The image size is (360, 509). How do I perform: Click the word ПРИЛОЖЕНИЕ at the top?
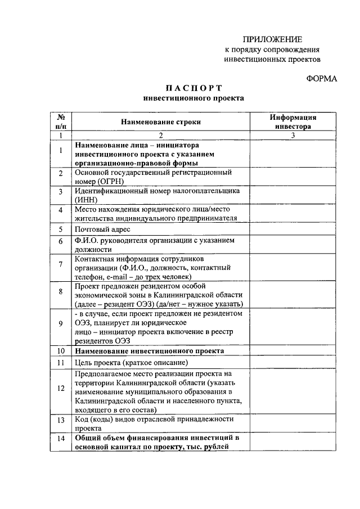tap(273, 39)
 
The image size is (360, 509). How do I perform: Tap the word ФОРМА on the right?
tap(321, 79)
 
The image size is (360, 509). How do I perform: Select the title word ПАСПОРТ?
tap(193, 88)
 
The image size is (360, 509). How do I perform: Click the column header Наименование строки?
tap(160, 121)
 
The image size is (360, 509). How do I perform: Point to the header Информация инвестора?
tap(292, 122)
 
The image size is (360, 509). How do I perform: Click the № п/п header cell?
tap(61, 122)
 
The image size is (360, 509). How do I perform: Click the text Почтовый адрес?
tap(102, 229)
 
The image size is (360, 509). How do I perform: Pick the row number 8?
tap(61, 291)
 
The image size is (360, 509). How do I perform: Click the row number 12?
tap(61, 388)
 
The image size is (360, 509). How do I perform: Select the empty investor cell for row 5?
tap(292, 229)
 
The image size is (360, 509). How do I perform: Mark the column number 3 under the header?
tap(292, 135)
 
